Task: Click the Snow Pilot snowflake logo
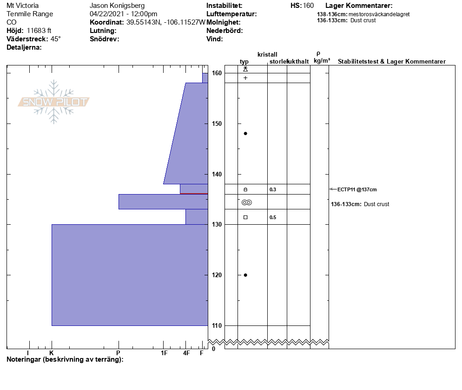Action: click(x=53, y=102)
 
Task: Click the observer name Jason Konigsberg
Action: click(x=117, y=6)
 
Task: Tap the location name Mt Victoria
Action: click(x=22, y=6)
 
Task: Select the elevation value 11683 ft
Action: click(x=39, y=31)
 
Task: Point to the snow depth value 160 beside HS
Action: click(x=308, y=6)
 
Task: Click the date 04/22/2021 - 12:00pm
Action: click(x=124, y=14)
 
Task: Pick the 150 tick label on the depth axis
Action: click(x=217, y=123)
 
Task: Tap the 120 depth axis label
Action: click(x=217, y=275)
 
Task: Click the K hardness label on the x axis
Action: click(x=52, y=353)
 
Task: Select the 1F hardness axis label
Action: click(x=164, y=353)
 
